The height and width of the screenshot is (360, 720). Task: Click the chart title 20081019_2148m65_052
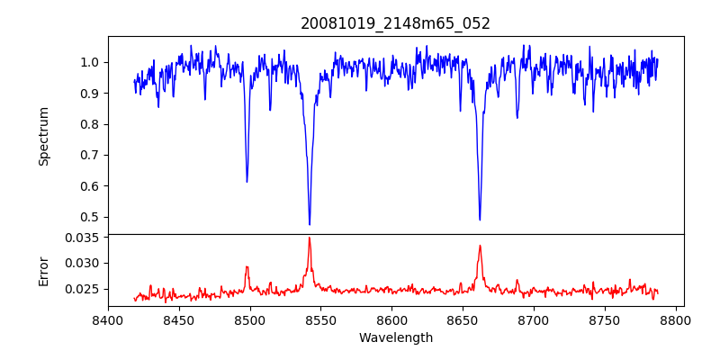[395, 23]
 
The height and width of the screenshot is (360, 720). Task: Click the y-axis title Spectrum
[43, 136]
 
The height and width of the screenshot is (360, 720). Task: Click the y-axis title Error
[43, 271]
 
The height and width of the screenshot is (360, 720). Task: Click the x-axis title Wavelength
[395, 338]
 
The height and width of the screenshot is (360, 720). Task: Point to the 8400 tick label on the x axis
[108, 319]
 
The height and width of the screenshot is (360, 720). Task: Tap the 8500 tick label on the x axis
[250, 319]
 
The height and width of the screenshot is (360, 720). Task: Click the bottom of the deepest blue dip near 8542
[310, 224]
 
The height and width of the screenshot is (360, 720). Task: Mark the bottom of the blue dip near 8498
[247, 182]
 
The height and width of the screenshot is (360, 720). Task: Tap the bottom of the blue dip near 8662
[480, 220]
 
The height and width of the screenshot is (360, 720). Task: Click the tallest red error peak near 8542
[309, 238]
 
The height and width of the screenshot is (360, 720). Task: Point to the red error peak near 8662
[480, 246]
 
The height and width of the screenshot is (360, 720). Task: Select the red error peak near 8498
[247, 266]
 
